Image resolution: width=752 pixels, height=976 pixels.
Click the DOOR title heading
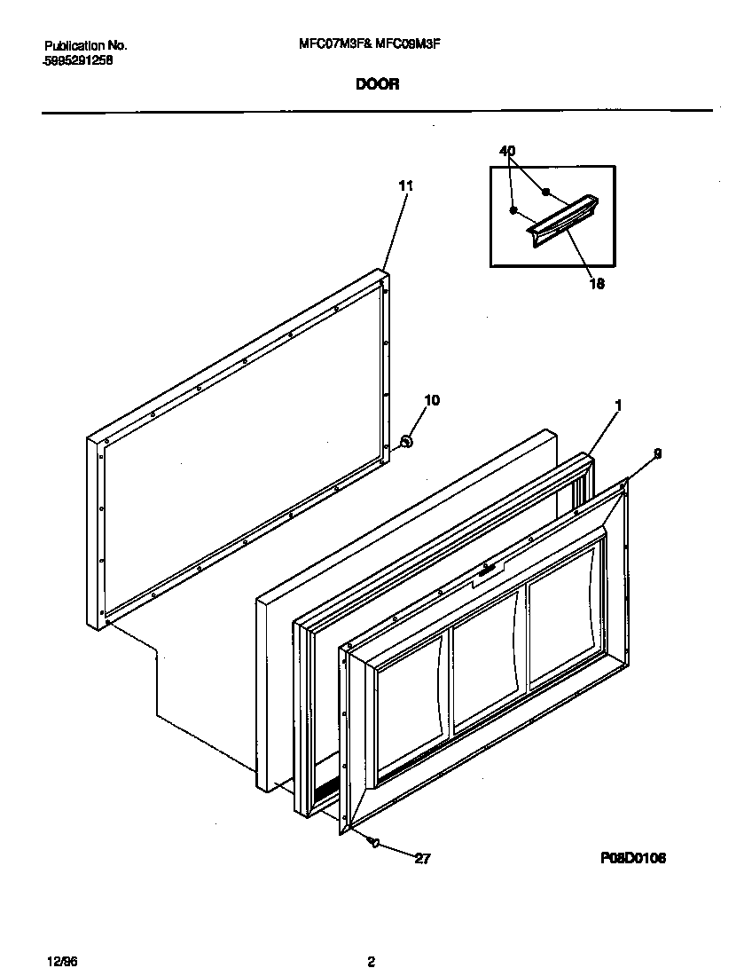[378, 84]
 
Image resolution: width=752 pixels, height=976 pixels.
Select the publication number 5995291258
[77, 61]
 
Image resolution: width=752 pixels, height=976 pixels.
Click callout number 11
[405, 185]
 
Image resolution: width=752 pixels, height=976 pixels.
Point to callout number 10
[432, 400]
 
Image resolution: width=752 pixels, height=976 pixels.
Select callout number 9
[657, 453]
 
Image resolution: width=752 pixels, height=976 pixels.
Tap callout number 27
[423, 858]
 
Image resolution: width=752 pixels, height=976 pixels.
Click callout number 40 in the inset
[507, 152]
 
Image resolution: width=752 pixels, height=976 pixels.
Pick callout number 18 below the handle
[597, 285]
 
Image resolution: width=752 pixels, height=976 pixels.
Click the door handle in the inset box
[563, 222]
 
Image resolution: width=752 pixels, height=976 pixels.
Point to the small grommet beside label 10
[406, 440]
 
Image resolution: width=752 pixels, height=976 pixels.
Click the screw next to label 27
[374, 842]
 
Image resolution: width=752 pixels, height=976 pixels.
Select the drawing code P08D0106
[633, 858]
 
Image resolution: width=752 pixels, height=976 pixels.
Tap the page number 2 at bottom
[372, 962]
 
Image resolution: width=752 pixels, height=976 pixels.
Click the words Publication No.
[85, 44]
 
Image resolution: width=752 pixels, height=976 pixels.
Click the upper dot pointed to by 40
[546, 191]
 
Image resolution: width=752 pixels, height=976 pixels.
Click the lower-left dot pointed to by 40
[513, 210]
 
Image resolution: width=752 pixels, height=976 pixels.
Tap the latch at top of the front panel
[486, 573]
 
